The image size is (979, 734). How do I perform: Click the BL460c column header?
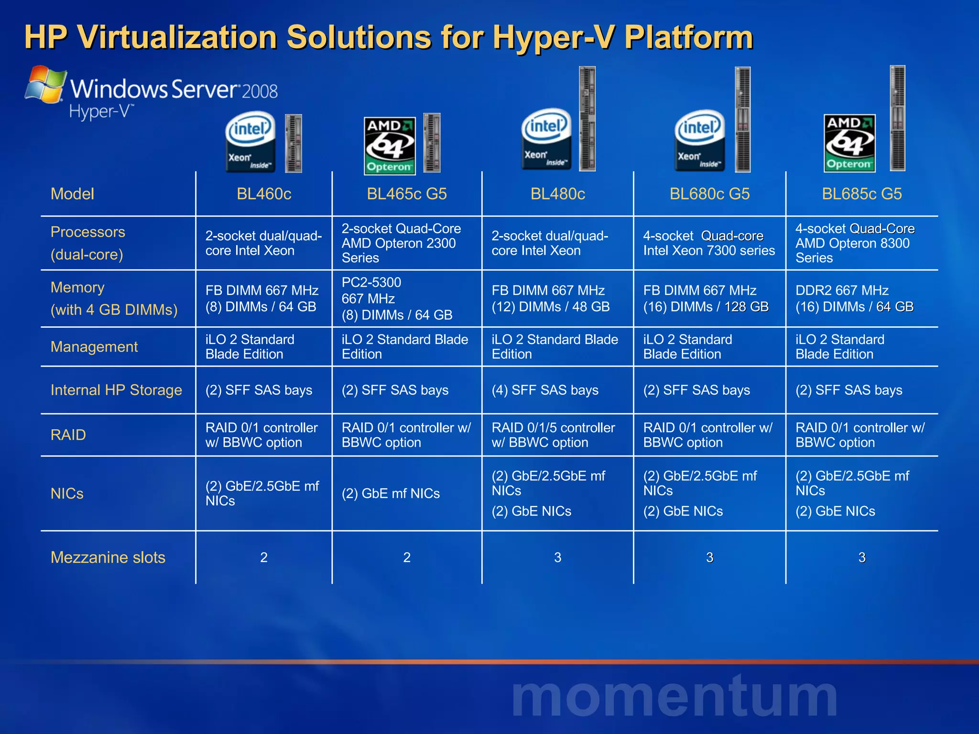coord(264,194)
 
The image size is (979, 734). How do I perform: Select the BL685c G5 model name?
coord(861,194)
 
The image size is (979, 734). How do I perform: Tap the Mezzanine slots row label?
coord(108,557)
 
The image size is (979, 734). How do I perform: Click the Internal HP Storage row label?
coord(116,390)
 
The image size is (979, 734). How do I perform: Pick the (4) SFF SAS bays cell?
coord(545,390)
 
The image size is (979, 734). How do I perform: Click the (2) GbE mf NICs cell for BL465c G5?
coord(391,493)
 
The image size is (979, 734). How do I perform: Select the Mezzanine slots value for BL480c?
coord(557,557)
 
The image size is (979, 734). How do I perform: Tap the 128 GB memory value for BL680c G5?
coord(746,307)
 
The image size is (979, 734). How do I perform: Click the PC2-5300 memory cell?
coord(397,299)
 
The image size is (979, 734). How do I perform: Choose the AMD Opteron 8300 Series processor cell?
coord(855,243)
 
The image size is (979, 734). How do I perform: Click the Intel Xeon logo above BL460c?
coord(250,141)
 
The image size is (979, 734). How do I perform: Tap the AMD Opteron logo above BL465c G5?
coord(390,145)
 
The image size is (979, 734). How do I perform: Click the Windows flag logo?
coord(45,85)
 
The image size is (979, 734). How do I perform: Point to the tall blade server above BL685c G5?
coord(897,118)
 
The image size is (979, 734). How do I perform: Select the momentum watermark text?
coord(674,696)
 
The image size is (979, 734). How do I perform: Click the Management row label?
coord(94,347)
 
